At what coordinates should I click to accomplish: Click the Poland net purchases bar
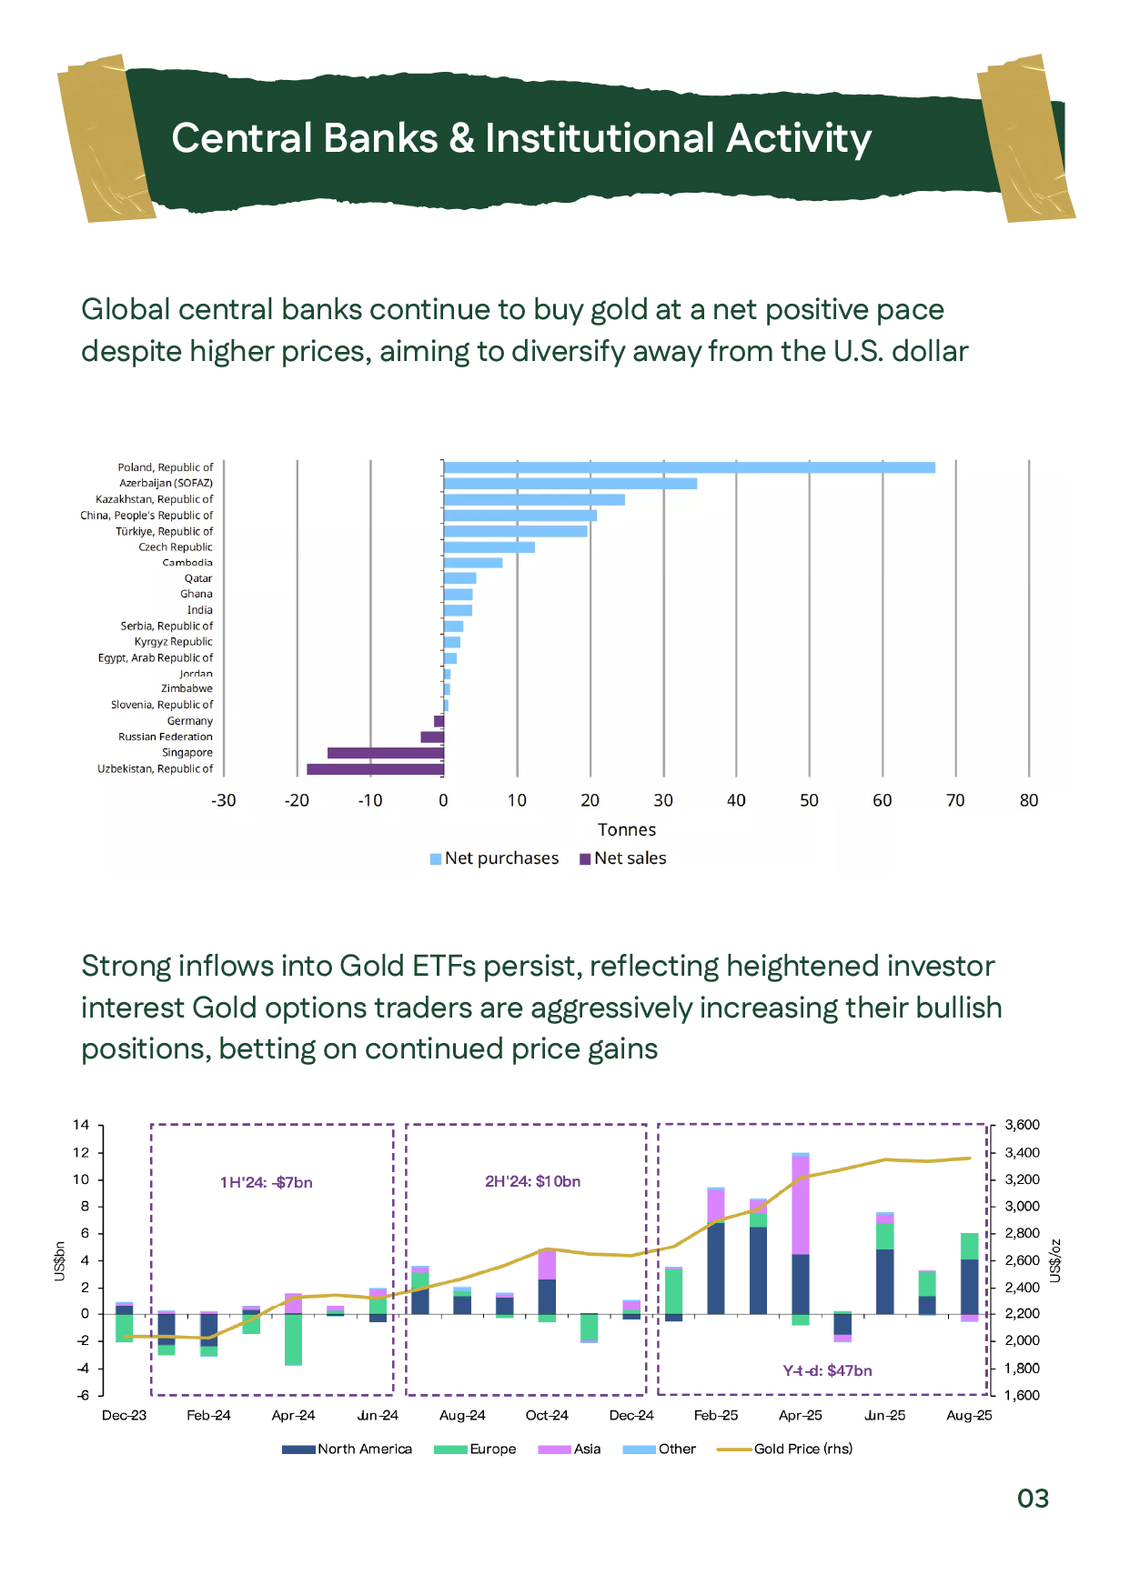click(x=689, y=467)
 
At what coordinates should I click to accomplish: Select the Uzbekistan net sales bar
click(x=375, y=769)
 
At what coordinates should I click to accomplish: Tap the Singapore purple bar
click(x=385, y=753)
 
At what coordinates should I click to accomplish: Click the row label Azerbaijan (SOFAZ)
click(x=166, y=483)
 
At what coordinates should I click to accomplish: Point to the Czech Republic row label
click(x=175, y=547)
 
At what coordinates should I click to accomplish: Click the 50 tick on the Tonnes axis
click(x=809, y=800)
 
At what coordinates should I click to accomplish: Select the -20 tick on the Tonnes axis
click(x=297, y=800)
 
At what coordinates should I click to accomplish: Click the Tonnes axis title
click(x=626, y=829)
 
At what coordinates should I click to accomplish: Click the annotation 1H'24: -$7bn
click(x=266, y=1182)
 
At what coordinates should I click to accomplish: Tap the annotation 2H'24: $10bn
click(x=532, y=1181)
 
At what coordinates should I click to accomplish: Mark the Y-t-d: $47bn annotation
click(x=827, y=1370)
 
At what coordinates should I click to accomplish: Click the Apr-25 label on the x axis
click(x=800, y=1415)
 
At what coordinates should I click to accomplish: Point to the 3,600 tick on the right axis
click(x=1022, y=1125)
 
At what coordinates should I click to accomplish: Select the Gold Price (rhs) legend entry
click(x=786, y=1449)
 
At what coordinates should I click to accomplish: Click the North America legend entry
click(x=348, y=1449)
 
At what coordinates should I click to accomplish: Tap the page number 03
click(x=1033, y=1499)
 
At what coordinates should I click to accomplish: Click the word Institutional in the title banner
click(x=600, y=138)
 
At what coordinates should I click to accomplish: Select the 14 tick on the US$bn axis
click(x=82, y=1125)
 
